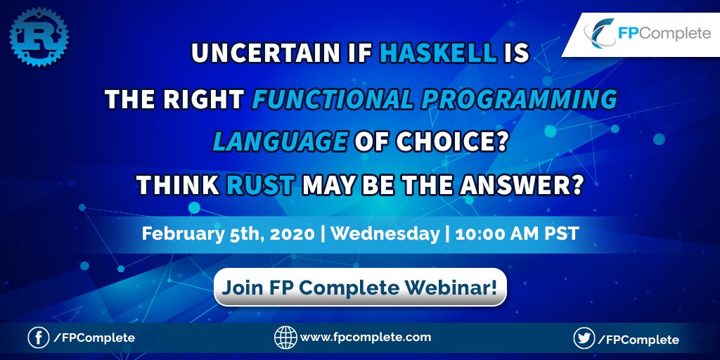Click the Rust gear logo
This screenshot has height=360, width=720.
click(39, 37)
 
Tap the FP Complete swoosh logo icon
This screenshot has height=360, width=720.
click(599, 34)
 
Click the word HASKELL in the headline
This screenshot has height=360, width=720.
click(439, 53)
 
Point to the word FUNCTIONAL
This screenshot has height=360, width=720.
click(333, 98)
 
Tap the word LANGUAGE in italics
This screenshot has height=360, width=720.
click(280, 141)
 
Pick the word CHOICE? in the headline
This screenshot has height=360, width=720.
click(451, 141)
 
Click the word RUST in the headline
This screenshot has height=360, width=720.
click(260, 186)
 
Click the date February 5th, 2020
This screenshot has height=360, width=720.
click(229, 234)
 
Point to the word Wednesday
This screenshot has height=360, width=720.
click(385, 234)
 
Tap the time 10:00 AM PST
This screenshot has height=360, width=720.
click(517, 234)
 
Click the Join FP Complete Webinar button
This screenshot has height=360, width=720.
click(360, 288)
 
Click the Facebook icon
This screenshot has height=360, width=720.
click(39, 338)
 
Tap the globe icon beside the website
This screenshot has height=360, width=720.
click(285, 338)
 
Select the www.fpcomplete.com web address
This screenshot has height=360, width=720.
click(366, 338)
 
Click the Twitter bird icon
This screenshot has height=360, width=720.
click(584, 339)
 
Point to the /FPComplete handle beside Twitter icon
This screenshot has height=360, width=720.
click(638, 340)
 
